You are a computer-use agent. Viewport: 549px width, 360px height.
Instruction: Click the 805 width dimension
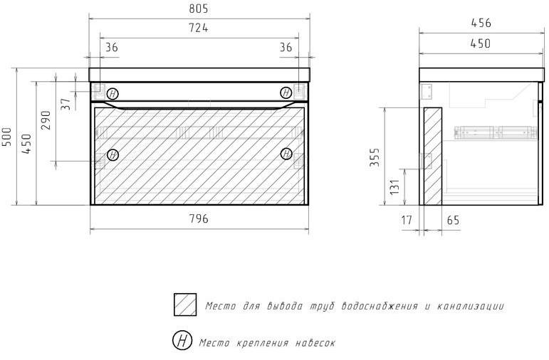coord(199,9)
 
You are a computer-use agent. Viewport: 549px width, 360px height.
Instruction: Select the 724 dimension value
coord(199,28)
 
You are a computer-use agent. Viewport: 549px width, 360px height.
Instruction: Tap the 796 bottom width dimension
coord(199,218)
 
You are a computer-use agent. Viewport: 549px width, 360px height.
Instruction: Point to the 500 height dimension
coord(7,137)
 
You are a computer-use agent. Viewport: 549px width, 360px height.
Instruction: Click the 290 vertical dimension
coord(46,120)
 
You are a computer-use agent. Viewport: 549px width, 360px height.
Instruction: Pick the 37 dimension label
coord(66,105)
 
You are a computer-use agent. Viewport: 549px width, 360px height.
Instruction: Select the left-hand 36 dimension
coord(112,47)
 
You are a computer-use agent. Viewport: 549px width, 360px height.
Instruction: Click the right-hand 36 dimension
coord(286,47)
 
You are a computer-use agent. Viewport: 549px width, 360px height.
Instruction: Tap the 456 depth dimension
coord(481,23)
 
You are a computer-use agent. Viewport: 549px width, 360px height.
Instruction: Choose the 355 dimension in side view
coord(375,157)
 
